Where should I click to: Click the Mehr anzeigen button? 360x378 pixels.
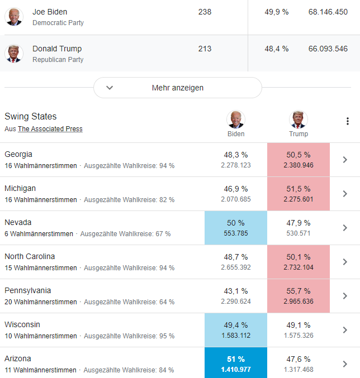pos(177,88)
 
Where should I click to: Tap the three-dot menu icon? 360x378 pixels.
pos(347,121)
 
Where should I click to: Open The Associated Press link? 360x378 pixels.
pos(50,129)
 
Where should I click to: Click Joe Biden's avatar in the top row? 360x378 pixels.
pos(13,17)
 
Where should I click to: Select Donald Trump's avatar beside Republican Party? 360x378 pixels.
pos(13,54)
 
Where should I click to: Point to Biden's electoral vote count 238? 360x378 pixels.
pos(205,12)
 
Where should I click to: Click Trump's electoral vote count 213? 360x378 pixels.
pos(205,49)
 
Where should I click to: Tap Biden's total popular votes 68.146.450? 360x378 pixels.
pos(328,12)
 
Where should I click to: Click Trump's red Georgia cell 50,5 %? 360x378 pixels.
pos(298,160)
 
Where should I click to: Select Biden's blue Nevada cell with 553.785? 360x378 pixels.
pos(235,228)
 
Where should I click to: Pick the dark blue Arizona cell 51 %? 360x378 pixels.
pos(235,363)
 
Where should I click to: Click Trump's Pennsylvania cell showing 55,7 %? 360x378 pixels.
pos(298,296)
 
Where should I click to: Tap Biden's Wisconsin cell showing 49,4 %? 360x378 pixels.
pos(235,330)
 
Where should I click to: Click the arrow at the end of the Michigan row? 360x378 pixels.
pos(345,194)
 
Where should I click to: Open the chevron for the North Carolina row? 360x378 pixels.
pos(345,262)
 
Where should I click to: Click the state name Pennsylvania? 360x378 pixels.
pos(28,290)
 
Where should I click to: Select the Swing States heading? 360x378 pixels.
pos(31,117)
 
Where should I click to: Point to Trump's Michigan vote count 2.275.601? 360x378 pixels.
pos(298,199)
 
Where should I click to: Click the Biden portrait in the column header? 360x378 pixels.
pos(236,119)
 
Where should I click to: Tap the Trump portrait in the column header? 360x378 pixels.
pos(299,119)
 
